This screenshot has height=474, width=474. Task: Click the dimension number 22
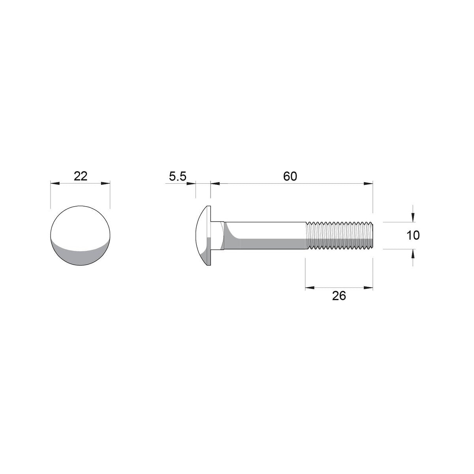click(81, 176)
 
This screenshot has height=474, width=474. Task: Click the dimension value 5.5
click(177, 177)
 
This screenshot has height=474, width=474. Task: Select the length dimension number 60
click(290, 177)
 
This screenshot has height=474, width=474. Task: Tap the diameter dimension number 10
click(413, 236)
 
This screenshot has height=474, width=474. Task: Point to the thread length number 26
click(339, 295)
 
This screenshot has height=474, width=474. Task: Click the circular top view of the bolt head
click(81, 235)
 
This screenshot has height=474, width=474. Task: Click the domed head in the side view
click(203, 235)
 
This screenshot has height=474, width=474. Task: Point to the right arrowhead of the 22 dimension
click(105, 183)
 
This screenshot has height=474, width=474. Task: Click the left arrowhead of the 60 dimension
click(215, 183)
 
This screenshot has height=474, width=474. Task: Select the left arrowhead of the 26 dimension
click(310, 288)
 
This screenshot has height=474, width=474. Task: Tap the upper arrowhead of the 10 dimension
click(413, 217)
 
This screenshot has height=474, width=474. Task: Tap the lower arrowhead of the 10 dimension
click(413, 254)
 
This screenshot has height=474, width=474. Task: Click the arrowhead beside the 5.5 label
click(191, 183)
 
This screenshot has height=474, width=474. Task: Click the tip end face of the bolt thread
click(372, 236)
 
